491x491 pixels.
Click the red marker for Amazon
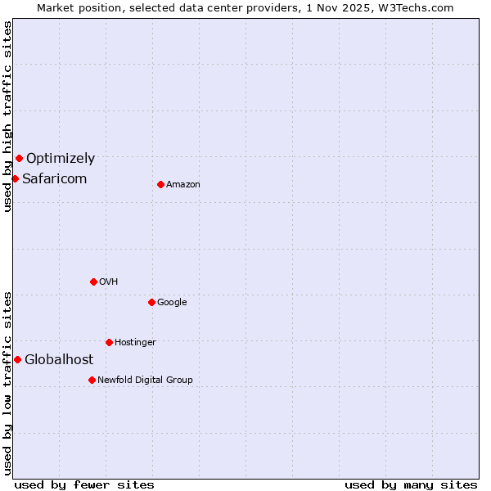click(x=160, y=184)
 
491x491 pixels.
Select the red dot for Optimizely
click(x=19, y=158)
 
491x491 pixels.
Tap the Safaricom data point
click(x=15, y=178)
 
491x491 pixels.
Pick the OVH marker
click(x=93, y=282)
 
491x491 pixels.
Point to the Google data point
click(x=151, y=302)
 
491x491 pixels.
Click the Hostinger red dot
click(x=109, y=342)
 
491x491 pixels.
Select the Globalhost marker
click(x=17, y=359)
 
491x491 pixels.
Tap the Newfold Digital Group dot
click(x=92, y=380)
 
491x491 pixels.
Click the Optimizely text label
click(x=61, y=159)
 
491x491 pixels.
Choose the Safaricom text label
click(x=54, y=179)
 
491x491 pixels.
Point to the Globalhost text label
click(x=59, y=360)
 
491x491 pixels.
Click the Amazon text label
click(x=183, y=185)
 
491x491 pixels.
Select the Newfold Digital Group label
click(x=145, y=381)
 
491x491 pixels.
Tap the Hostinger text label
click(x=135, y=343)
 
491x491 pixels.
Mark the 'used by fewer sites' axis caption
click(x=84, y=484)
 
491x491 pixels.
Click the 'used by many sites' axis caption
click(x=411, y=484)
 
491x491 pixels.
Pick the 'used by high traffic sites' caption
click(x=7, y=116)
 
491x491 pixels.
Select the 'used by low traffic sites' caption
click(x=7, y=382)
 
